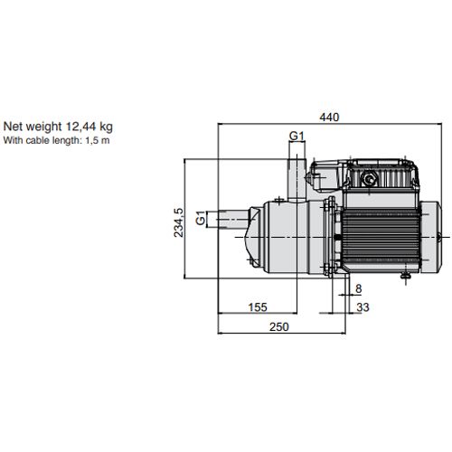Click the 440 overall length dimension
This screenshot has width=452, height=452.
(329, 117)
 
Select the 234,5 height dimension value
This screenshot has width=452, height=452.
(178, 222)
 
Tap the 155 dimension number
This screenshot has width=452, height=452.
(258, 307)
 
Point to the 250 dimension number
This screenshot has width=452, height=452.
(279, 327)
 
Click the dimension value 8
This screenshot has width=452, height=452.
(358, 288)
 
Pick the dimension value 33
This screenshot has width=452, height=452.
(363, 307)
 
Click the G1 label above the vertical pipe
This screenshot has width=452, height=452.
(297, 137)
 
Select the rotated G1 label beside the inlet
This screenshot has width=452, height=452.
(201, 218)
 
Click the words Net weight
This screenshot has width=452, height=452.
(33, 127)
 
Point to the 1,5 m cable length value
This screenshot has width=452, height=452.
(98, 140)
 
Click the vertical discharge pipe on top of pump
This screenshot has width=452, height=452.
(297, 180)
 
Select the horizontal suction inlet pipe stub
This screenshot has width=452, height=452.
(233, 219)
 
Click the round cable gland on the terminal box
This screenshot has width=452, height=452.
(369, 179)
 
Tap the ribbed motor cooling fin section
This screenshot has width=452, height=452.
(381, 237)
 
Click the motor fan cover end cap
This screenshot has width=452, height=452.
(430, 237)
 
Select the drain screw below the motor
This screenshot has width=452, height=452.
(405, 276)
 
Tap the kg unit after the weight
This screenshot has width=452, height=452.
(106, 127)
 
